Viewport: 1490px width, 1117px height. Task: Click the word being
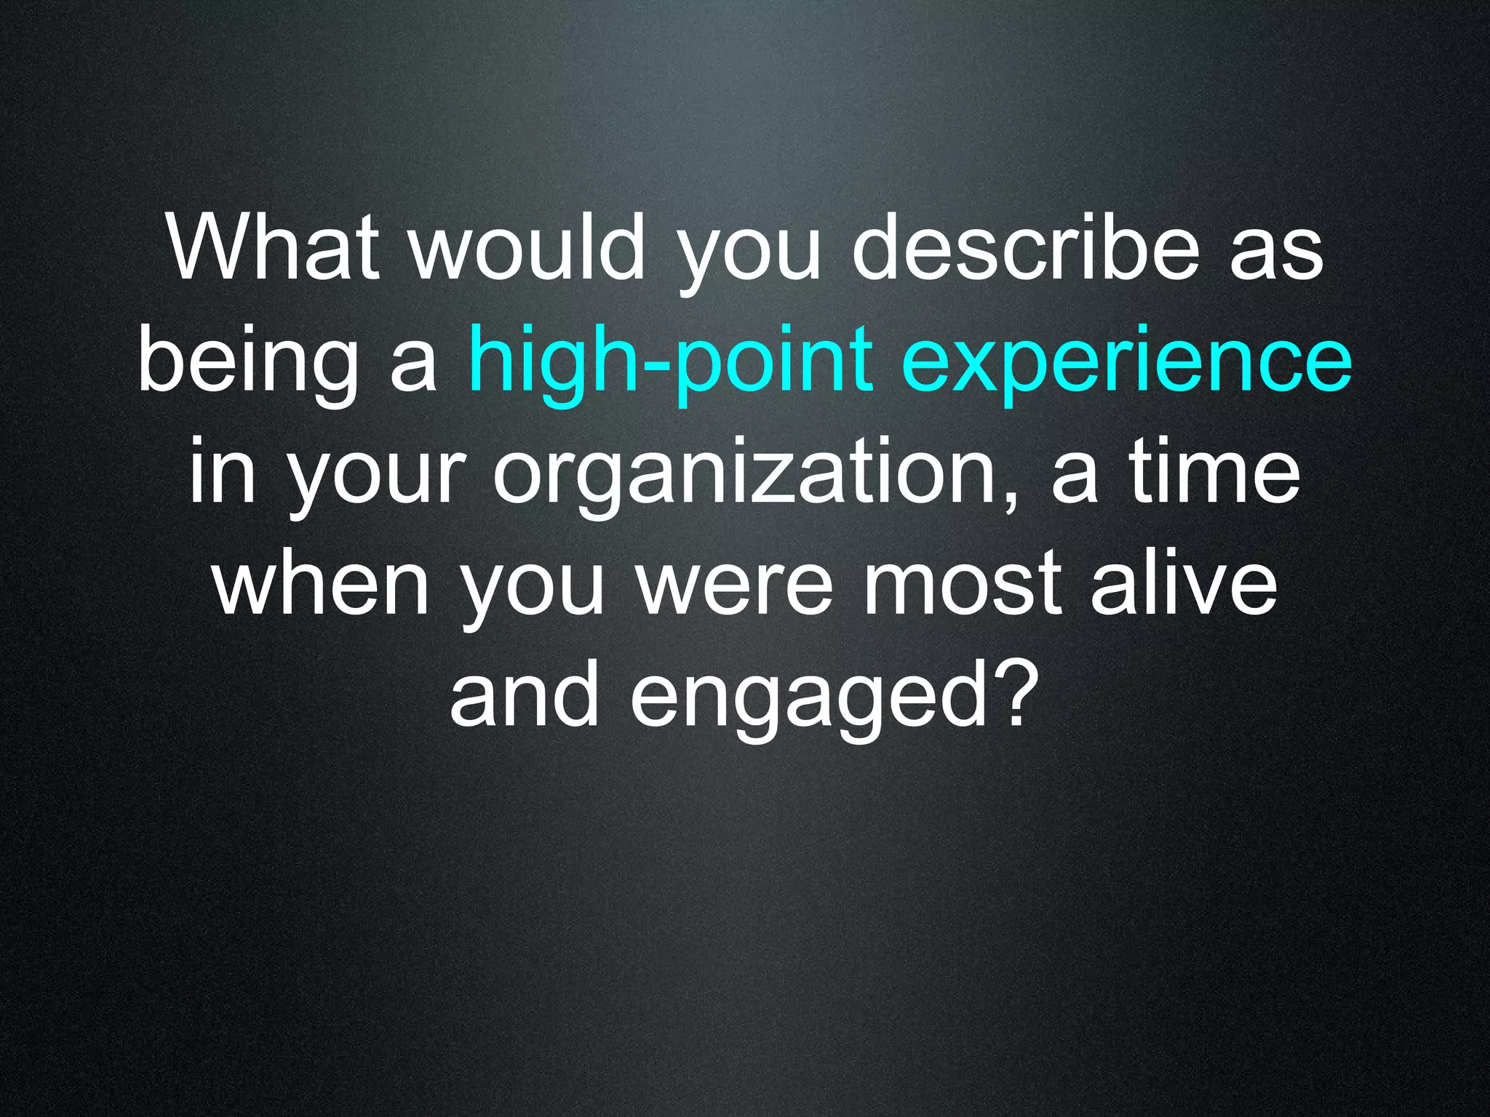point(247,360)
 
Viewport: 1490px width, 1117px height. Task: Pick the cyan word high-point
point(670,360)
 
